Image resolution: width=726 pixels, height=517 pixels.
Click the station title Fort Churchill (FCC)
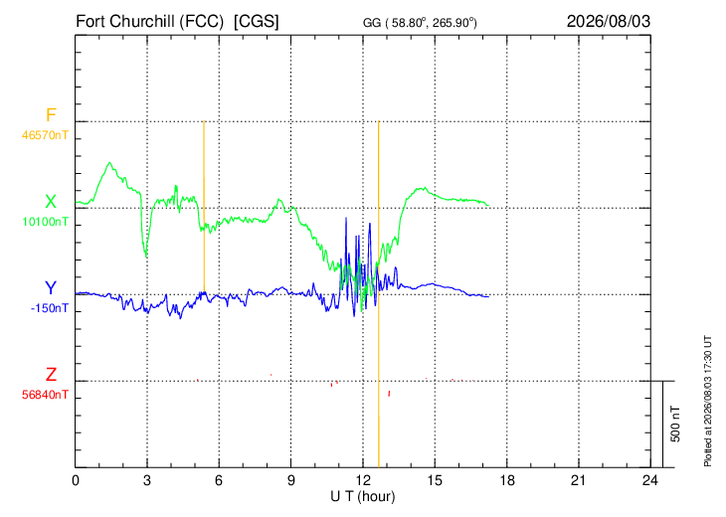pos(149,22)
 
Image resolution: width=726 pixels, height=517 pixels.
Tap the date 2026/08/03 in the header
pos(609,21)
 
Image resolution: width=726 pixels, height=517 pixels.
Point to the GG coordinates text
pos(420,22)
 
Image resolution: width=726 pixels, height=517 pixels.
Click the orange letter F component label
pos(51,114)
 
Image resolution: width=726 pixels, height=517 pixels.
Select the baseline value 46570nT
pos(45,135)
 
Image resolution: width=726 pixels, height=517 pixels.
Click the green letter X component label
pos(51,202)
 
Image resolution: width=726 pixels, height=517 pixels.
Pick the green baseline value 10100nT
pos(46,222)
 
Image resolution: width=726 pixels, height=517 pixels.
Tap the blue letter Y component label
pos(51,288)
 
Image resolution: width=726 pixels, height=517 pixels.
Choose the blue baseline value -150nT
pos(50,308)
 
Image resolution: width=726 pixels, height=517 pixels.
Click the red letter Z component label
pos(51,374)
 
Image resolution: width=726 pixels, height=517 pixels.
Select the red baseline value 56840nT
pos(45,395)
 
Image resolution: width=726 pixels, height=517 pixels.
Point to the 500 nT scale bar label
pos(675,424)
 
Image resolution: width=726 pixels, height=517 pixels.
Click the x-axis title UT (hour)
pos(363,497)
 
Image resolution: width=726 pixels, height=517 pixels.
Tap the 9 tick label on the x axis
pos(290,480)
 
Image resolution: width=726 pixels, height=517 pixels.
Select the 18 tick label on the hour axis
pos(507,480)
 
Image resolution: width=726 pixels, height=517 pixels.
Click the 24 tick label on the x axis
pos(650,480)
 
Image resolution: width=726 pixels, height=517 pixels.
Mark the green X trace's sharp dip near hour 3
pos(146,256)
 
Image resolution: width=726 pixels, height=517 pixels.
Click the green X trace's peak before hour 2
pos(109,163)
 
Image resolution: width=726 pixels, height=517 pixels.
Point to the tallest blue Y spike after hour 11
pos(346,218)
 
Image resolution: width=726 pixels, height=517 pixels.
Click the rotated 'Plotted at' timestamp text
pos(707,401)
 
